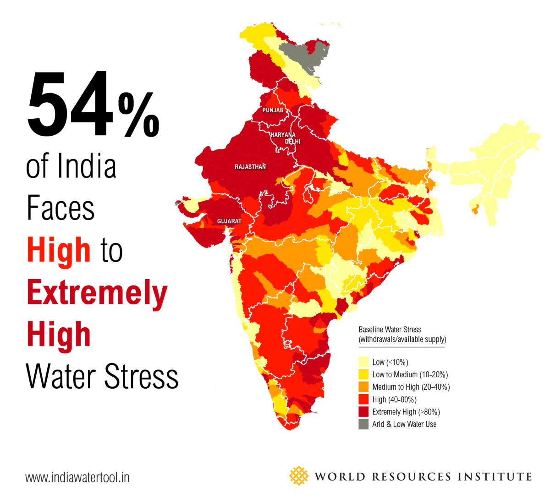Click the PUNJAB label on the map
coord(273,110)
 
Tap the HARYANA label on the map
coord(283,135)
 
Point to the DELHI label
coord(292,142)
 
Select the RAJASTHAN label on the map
coord(250,167)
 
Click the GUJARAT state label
coord(229,221)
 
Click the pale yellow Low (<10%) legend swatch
coord(363,362)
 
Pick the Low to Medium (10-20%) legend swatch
coord(363,375)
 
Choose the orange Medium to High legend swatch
coord(363,387)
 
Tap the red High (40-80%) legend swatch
coord(363,399)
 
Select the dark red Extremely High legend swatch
coord(363,412)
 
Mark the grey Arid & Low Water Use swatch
coord(363,424)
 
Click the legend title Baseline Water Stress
coord(390,330)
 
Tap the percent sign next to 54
coord(139,115)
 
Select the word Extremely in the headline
coord(97,292)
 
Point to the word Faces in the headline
coord(60,208)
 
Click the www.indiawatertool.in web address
coord(77,478)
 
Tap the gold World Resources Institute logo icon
coord(299,476)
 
